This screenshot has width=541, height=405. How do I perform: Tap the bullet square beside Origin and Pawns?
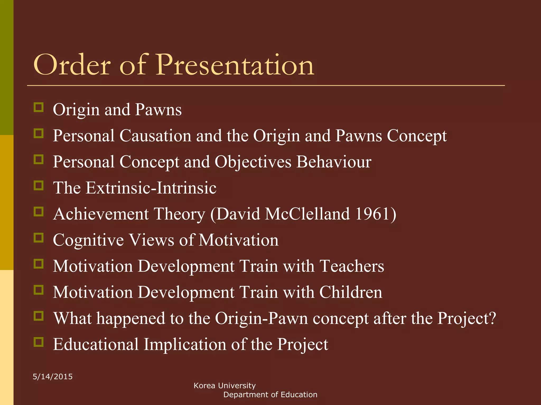tap(39, 107)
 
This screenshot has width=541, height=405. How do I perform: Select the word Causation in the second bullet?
tap(155, 136)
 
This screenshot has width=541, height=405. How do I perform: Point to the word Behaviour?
tap(334, 162)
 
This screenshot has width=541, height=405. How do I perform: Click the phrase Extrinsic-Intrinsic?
tap(151, 188)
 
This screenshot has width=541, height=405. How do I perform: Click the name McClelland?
tap(307, 214)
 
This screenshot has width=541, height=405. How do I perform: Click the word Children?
tap(351, 292)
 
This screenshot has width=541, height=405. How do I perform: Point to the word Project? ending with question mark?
tap(467, 319)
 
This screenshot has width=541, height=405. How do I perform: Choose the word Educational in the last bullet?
tap(96, 344)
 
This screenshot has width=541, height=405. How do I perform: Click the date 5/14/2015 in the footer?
tap(53, 377)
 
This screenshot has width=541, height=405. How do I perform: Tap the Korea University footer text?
tap(225, 386)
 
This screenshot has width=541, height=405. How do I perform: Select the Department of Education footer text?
tap(270, 395)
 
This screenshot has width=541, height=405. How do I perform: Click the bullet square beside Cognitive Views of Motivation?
tap(39, 238)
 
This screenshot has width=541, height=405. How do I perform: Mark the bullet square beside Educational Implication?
tap(39, 342)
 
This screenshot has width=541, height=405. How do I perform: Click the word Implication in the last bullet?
tap(185, 344)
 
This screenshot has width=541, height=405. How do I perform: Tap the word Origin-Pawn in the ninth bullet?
tap(261, 319)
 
